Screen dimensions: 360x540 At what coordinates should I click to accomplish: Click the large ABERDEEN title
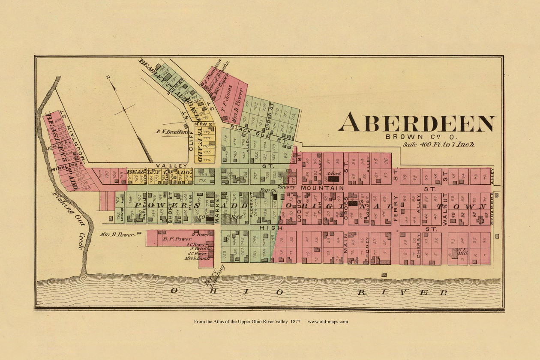tap(417, 123)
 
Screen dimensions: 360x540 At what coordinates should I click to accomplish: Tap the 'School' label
tap(333, 174)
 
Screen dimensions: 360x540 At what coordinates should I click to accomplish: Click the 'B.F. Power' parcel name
tap(171, 239)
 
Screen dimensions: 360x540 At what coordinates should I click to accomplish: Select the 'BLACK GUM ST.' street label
tap(252, 133)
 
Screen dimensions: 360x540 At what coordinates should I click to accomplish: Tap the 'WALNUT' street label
tap(445, 209)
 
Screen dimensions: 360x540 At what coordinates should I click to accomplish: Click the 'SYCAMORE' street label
tap(492, 208)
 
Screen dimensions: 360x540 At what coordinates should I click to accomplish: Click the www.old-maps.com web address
tap(328, 321)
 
